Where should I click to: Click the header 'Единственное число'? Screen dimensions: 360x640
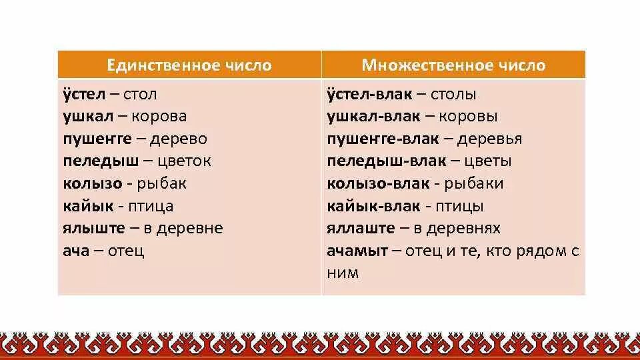[x=190, y=65]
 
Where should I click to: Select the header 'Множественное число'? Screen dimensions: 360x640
[x=453, y=65]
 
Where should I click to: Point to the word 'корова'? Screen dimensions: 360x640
[x=159, y=116]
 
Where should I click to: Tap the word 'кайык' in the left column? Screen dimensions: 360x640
[x=89, y=206]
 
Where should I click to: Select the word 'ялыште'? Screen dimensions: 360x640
[x=94, y=229]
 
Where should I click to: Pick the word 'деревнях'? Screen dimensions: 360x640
[x=465, y=229]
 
